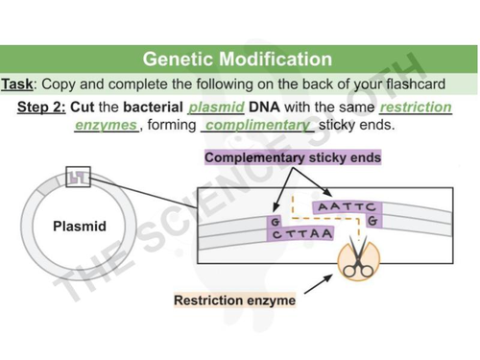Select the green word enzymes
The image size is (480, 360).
pos(107,126)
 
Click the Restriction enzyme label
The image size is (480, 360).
pos(234,300)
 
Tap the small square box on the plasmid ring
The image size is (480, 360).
pos(80,178)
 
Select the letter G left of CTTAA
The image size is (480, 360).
pos(276,222)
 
